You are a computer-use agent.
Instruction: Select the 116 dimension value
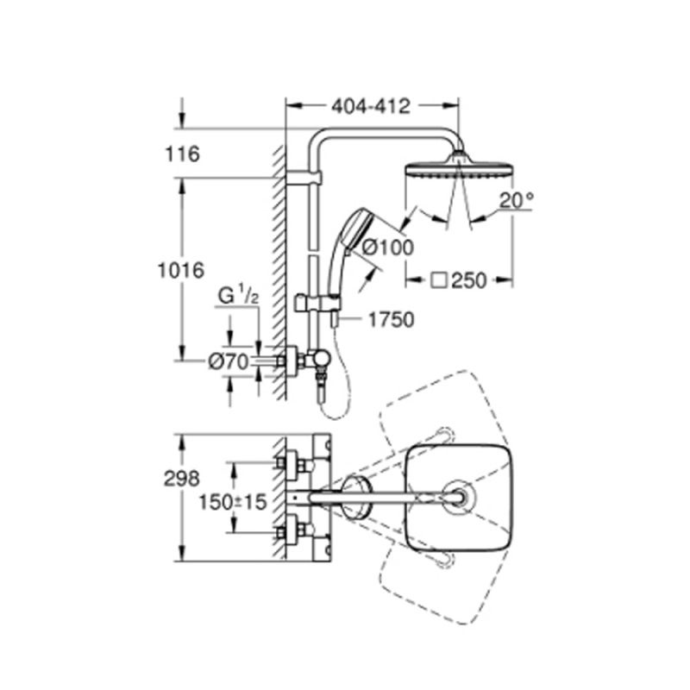[184, 154]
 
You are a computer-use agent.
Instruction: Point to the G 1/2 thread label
[238, 296]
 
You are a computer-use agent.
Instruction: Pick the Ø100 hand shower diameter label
[387, 247]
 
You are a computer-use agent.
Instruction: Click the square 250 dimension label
[461, 279]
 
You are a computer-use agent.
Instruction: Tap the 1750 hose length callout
[391, 319]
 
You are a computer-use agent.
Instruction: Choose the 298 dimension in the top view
[184, 476]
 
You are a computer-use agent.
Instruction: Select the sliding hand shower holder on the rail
[314, 303]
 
